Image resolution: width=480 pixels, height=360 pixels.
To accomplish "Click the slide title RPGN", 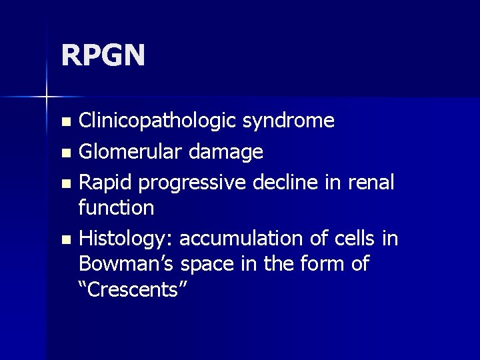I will (x=103, y=55).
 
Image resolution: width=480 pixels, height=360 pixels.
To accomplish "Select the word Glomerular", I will (x=131, y=153).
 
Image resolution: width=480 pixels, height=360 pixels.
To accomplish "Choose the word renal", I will (x=369, y=183).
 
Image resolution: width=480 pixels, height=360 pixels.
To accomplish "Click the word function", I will (x=116, y=208).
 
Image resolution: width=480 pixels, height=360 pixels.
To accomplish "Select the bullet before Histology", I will (x=65, y=239).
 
